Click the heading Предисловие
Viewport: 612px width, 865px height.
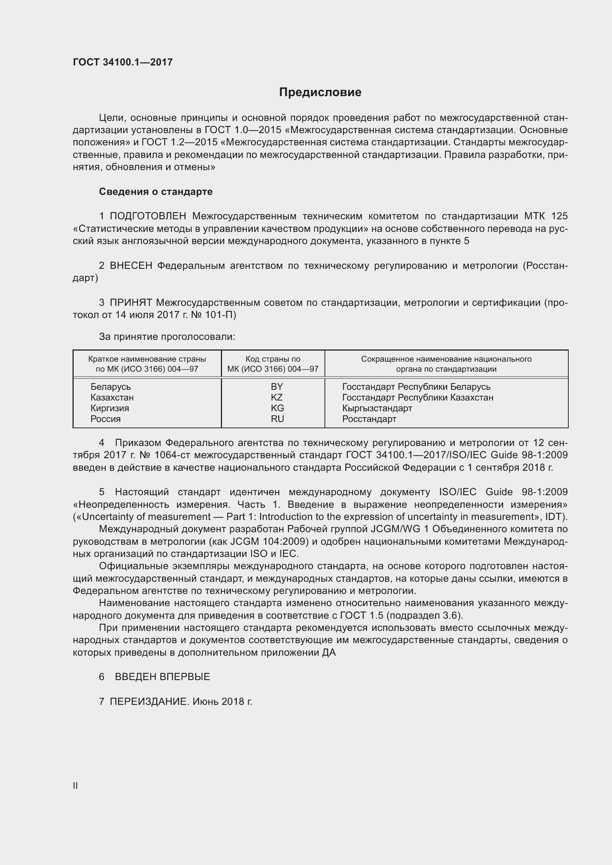click(x=320, y=92)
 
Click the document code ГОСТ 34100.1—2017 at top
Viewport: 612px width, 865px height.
click(x=123, y=62)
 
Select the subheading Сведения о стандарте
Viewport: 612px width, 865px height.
click(x=156, y=192)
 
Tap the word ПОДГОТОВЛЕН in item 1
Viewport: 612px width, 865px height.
click(x=148, y=216)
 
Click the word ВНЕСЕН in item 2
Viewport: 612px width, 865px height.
click(x=131, y=266)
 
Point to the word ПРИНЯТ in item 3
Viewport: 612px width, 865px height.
click(x=131, y=303)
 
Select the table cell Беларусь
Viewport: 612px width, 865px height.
click(x=110, y=386)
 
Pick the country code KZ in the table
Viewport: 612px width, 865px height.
click(x=277, y=398)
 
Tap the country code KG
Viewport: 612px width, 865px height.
click(x=277, y=408)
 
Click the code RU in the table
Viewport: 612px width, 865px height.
click(x=277, y=419)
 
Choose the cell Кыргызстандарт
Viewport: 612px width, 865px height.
click(x=377, y=408)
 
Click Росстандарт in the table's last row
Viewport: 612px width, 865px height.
click(x=369, y=419)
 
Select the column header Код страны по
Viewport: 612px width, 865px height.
click(x=273, y=359)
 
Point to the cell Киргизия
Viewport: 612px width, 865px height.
click(x=110, y=408)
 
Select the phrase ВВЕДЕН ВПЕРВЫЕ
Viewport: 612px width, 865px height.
click(x=162, y=677)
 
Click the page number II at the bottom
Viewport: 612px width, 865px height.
click(x=75, y=785)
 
